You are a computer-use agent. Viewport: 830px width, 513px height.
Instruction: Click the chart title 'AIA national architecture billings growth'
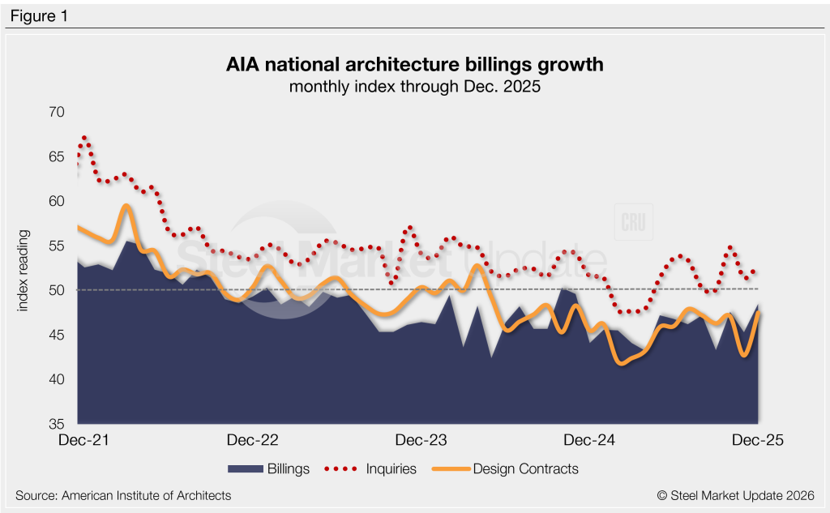(414, 64)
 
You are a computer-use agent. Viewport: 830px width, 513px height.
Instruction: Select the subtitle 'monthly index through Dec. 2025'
(414, 87)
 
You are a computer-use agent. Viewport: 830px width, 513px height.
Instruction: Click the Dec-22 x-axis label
(253, 440)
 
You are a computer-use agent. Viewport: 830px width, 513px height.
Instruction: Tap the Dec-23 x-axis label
(421, 440)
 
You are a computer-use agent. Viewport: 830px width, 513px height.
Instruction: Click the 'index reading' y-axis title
(25, 267)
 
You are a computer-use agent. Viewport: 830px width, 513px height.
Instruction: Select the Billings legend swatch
(246, 468)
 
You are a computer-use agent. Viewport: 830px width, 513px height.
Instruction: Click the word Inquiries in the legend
(391, 468)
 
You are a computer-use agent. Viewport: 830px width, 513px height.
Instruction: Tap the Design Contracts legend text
(525, 468)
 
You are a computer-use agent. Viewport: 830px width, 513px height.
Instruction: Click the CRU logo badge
(634, 223)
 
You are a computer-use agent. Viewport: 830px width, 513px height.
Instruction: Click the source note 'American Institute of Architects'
(123, 495)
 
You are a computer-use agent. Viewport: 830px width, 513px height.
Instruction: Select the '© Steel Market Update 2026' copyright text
(735, 495)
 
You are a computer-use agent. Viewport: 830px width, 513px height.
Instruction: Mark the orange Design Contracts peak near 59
(126, 206)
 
